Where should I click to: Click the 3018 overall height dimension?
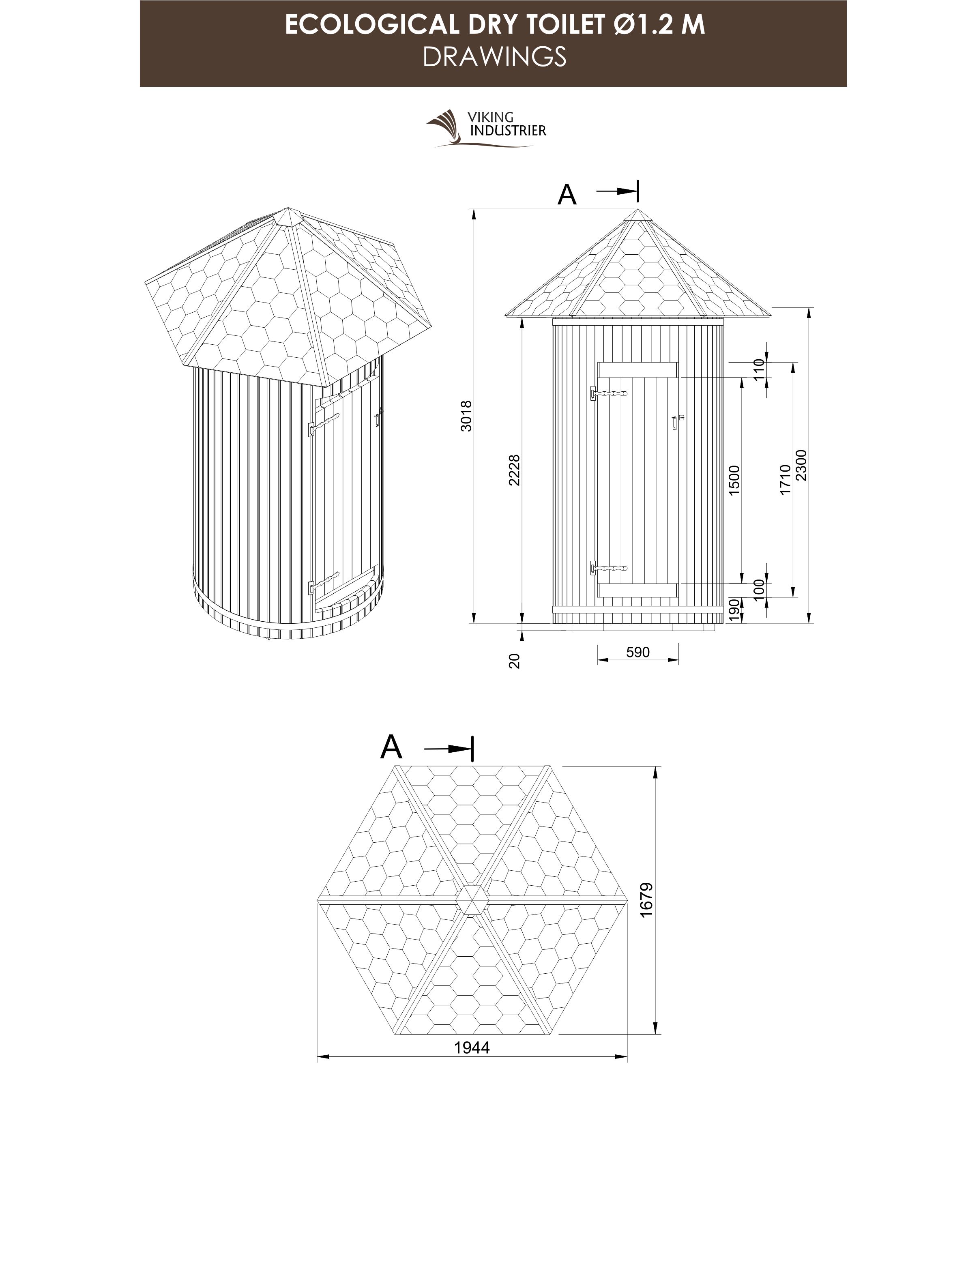point(466,416)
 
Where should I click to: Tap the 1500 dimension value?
point(734,480)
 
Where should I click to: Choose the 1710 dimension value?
point(785,480)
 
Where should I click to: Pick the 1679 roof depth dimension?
point(646,899)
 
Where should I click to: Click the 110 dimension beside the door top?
point(758,369)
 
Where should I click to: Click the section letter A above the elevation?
point(567,195)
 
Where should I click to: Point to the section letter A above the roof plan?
point(391,747)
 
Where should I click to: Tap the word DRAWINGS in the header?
point(494,57)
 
